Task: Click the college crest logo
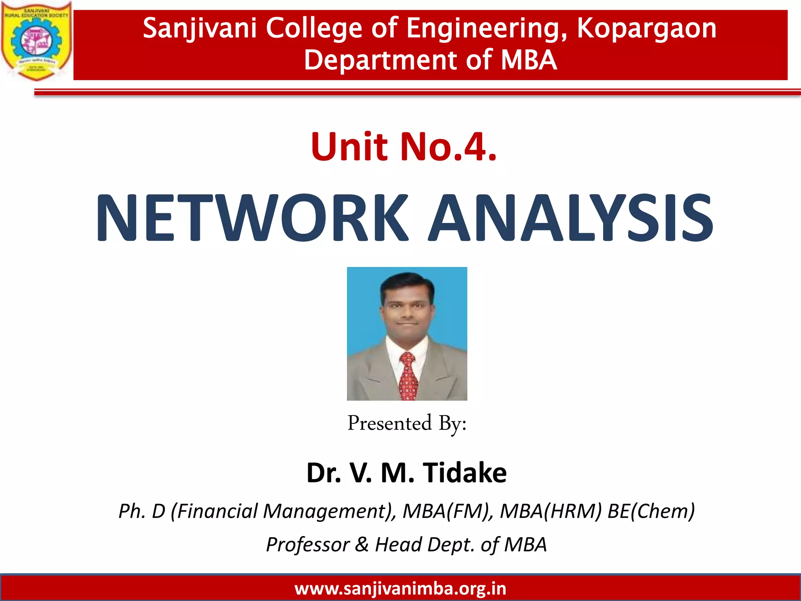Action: click(x=36, y=41)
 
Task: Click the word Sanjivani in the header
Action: click(x=199, y=29)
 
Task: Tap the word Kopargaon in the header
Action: click(x=647, y=29)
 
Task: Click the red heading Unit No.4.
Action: click(x=404, y=147)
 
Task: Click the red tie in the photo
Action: click(x=408, y=376)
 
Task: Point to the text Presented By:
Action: click(x=407, y=424)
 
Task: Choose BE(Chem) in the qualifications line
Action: click(x=651, y=511)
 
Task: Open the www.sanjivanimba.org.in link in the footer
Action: click(x=400, y=588)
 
